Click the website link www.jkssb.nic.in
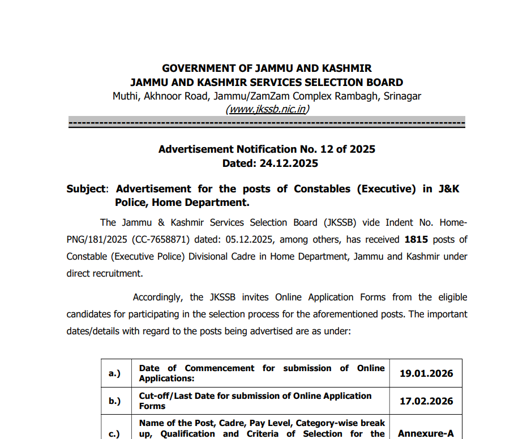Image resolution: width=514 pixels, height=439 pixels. coord(267,109)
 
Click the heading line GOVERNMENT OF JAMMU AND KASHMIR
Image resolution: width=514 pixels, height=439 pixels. coord(267,68)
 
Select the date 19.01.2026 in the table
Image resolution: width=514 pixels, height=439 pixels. coord(426,373)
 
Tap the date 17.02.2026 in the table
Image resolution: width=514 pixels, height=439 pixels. coord(426,401)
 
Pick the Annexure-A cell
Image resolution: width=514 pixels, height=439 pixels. coord(426,433)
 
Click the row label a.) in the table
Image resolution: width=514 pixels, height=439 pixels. coord(115,373)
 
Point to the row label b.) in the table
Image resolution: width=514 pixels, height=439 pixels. coord(115,401)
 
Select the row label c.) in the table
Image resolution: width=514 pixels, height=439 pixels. coord(115,434)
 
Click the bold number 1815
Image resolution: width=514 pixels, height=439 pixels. coord(417,239)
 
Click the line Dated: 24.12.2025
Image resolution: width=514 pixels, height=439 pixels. coord(267,163)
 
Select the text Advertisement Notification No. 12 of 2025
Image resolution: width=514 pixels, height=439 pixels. coord(267,149)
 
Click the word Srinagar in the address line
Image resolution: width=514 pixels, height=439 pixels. coord(402,96)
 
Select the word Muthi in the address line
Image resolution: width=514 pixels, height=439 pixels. coord(126,96)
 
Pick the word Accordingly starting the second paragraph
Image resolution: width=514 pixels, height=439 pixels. coord(159,297)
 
